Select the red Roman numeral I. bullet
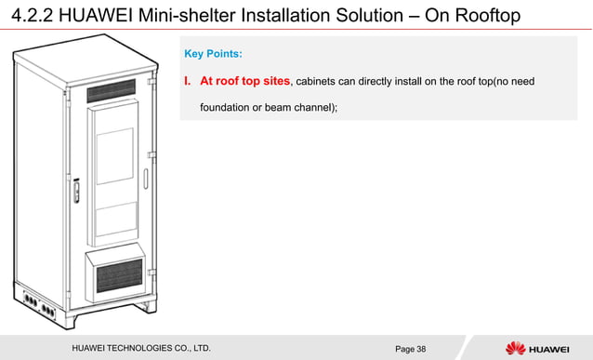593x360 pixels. [189, 81]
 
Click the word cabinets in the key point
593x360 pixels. [321, 82]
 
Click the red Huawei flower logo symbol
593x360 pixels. [514, 348]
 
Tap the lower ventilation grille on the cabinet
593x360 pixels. [117, 276]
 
